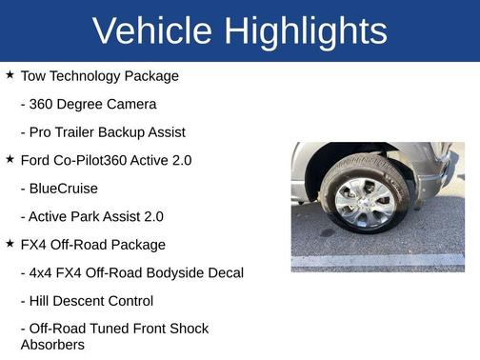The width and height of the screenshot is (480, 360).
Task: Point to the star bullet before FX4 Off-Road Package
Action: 10,244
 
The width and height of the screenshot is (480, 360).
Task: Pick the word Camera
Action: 133,104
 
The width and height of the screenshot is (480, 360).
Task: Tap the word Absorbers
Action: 52,344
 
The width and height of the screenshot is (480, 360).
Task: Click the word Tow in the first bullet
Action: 33,75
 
